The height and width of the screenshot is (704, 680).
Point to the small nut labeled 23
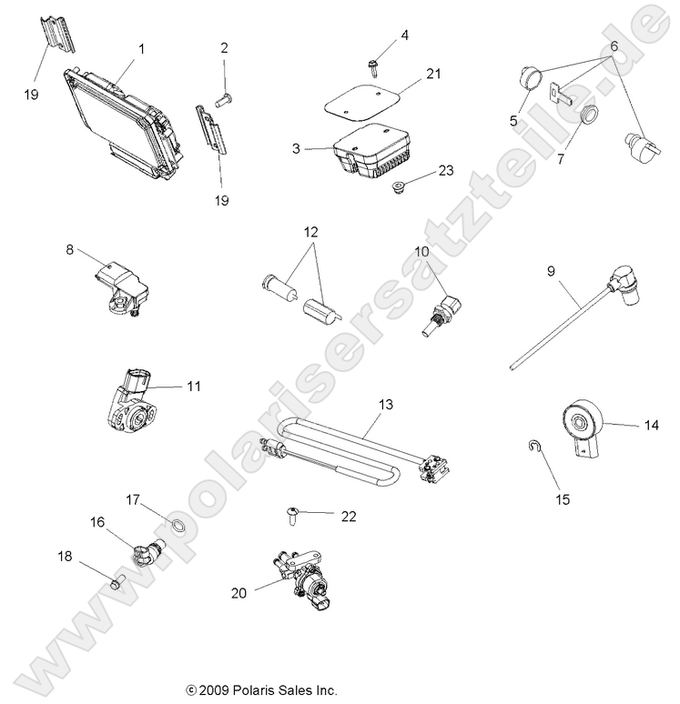tap(397, 186)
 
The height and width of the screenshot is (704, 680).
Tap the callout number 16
tap(97, 522)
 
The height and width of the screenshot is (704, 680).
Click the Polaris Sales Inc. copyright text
tap(261, 691)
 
